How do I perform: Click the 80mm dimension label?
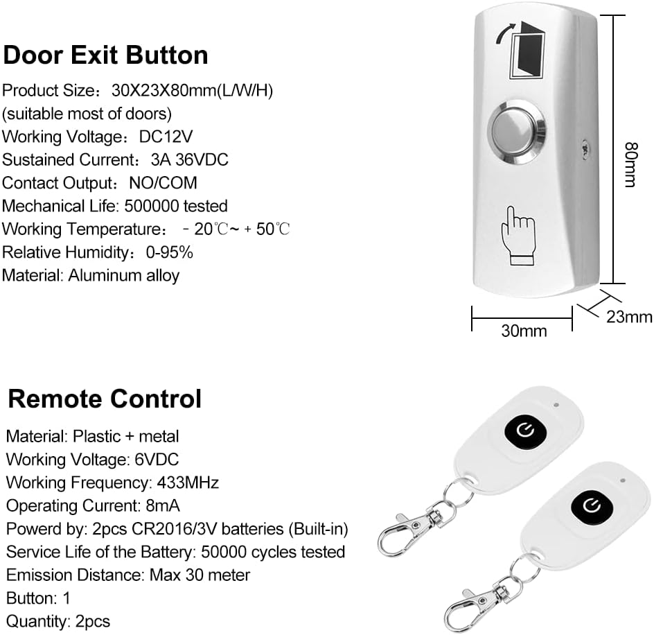(629, 164)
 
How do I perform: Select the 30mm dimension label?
(524, 331)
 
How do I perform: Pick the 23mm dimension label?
(629, 317)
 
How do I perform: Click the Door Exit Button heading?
(105, 55)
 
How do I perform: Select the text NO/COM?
(163, 183)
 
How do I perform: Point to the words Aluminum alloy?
(124, 275)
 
